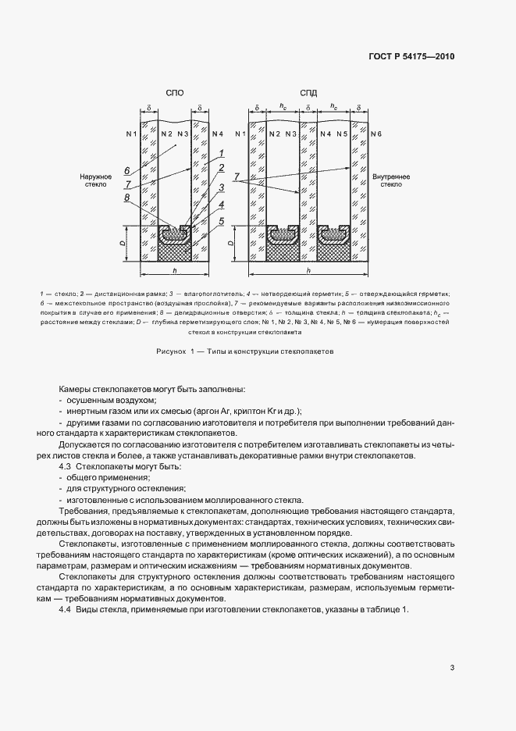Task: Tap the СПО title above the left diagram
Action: pos(175,93)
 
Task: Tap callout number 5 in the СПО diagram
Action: pos(222,221)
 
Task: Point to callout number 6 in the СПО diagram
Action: pos(126,169)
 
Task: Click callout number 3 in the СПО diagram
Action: pos(222,187)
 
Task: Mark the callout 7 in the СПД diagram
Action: pos(237,179)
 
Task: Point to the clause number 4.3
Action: pos(66,466)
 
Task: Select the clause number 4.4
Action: pos(66,609)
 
